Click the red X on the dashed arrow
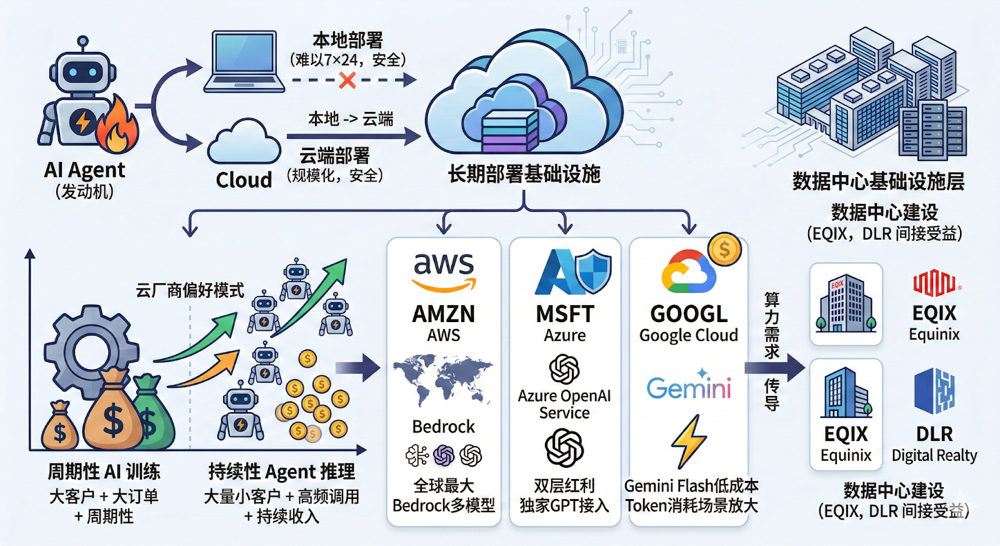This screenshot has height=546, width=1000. tap(347, 80)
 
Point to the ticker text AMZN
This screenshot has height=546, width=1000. tap(444, 314)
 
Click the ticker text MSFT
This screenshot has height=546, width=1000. tap(564, 314)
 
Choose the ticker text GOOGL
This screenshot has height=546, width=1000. tap(689, 314)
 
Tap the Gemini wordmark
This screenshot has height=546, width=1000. tap(689, 387)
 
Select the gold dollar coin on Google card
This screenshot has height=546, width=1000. tap(724, 250)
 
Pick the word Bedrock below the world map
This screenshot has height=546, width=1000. tap(444, 427)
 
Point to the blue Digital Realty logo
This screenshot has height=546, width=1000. tap(934, 391)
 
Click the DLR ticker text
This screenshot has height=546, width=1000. tap(934, 434)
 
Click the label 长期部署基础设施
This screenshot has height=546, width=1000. tap(524, 174)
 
